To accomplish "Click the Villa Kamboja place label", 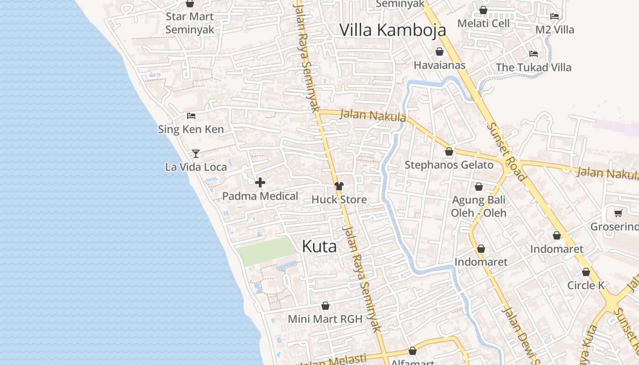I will coord(393,30).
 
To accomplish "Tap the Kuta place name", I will coord(319,246).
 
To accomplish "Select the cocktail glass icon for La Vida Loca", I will coord(196,153).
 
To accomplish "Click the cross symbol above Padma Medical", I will coord(260,182).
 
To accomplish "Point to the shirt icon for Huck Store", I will coord(339,186).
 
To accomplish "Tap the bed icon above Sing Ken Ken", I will coord(191,116).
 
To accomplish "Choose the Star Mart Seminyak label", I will coord(189,23).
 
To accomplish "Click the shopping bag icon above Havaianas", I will coord(440,52).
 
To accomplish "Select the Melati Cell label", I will coord(483,23).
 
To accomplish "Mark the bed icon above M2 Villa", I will coord(555,16).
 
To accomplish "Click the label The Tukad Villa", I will coord(533,68).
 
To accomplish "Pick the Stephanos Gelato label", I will coord(449,165).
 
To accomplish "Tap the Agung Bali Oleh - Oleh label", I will coord(479,206).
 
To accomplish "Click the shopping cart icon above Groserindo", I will coord(618,213).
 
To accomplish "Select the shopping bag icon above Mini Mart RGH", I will coord(325,306).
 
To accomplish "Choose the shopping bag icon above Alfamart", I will coord(413,351).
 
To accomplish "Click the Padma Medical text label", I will coord(260,196).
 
